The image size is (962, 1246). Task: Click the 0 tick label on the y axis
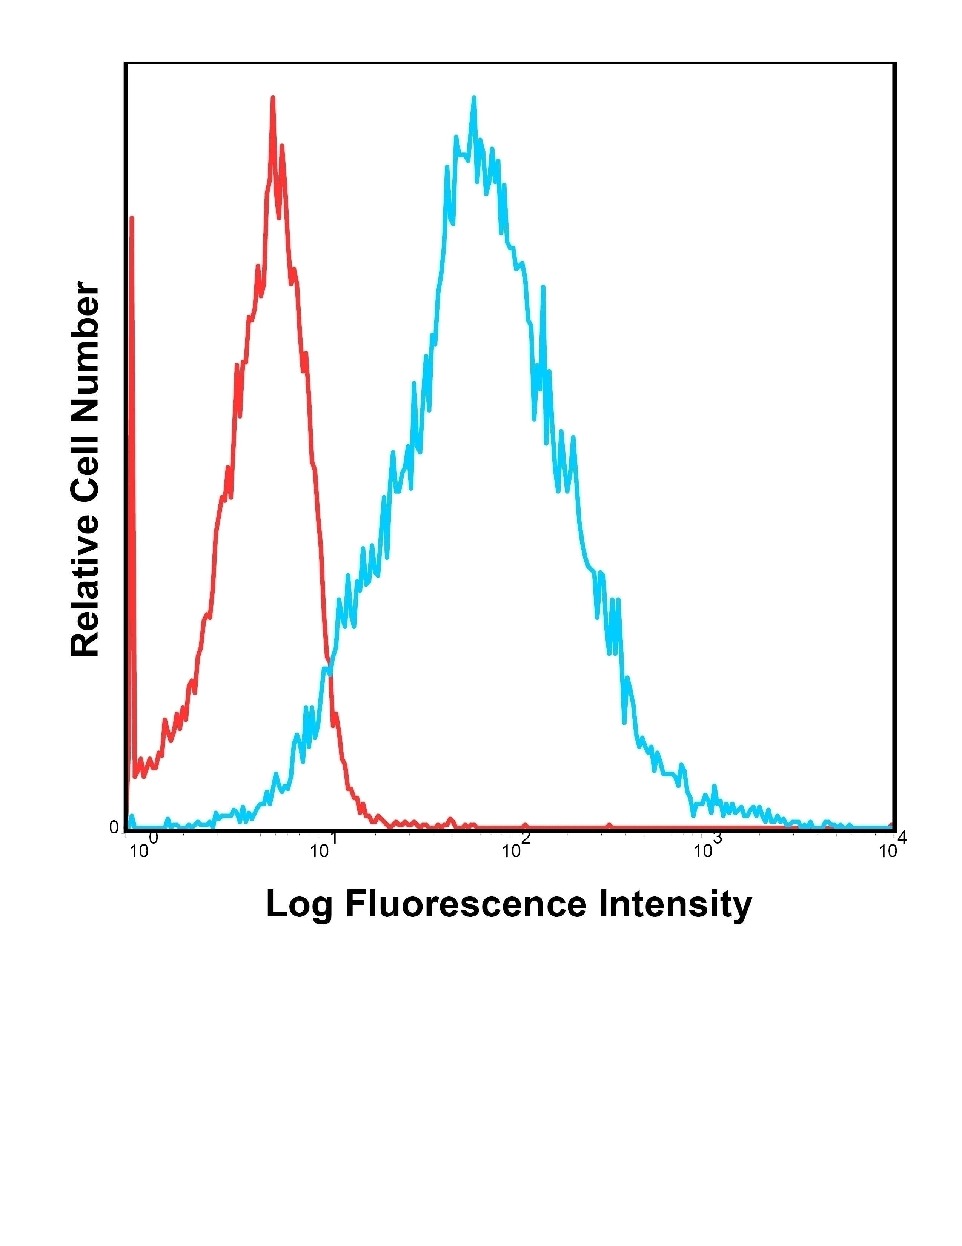[114, 828]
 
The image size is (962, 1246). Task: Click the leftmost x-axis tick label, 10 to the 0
[143, 850]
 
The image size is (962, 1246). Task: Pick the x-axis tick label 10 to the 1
[324, 850]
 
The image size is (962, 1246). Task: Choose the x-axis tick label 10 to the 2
[516, 850]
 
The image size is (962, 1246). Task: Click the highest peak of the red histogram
[273, 99]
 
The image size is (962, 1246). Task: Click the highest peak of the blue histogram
[473, 99]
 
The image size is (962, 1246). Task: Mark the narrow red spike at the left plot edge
[132, 220]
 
